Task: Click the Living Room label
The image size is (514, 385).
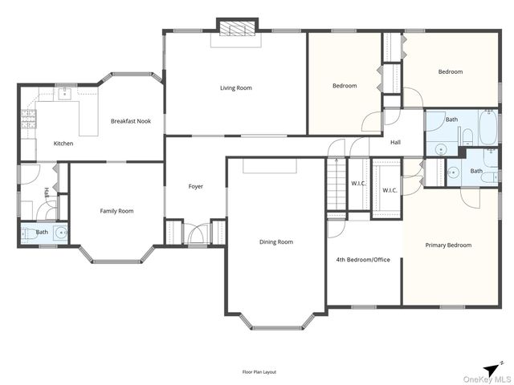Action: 236,87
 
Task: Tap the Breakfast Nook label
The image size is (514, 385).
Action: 131,121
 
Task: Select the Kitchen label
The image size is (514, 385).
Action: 63,144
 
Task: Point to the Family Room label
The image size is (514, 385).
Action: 116,211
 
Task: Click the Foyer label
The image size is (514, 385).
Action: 196,186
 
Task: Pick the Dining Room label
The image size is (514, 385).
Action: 276,242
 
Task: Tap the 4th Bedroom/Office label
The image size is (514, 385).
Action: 363,260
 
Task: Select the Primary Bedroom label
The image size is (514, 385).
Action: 448,245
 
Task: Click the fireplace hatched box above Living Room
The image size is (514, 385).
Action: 237,28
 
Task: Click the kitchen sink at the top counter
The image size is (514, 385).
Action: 65,94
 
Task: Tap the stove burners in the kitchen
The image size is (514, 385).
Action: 29,120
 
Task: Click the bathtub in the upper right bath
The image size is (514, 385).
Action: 488,128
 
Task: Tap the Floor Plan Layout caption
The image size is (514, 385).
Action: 259,372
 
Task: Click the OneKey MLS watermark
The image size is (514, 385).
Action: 487,379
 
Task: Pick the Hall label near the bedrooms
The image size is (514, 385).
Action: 395,143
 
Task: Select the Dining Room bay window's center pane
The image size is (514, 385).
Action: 277,328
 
